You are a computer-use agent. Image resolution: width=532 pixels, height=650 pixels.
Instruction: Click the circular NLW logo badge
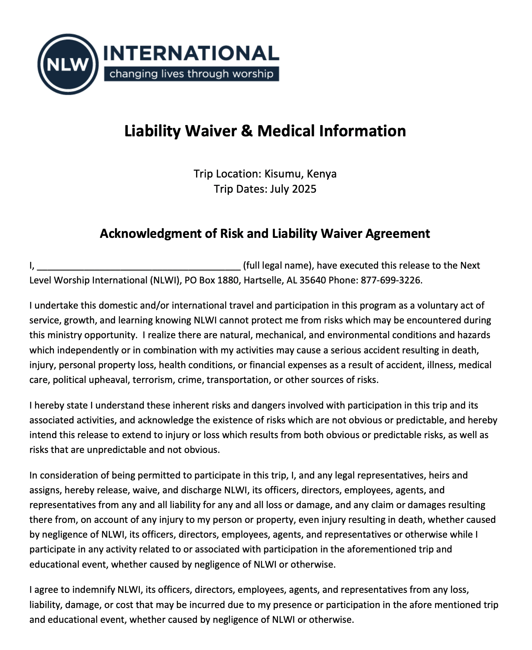coord(68,64)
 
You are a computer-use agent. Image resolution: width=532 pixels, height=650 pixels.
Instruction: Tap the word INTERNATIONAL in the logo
coord(191,53)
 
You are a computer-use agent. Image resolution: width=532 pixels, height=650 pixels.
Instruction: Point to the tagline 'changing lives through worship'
coord(191,74)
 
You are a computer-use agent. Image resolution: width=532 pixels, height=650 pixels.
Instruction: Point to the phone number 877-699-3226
coord(391,280)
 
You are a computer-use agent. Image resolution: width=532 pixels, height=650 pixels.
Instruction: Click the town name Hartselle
coord(264,280)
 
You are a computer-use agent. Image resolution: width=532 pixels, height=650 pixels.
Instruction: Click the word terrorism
coord(153,380)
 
